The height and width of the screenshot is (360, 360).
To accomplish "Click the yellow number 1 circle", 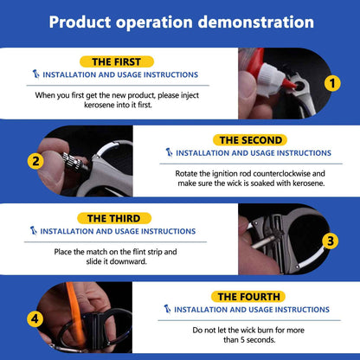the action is [332, 83].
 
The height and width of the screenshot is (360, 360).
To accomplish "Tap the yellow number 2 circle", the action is [35, 161].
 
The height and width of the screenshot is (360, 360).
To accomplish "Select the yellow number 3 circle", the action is [331, 241].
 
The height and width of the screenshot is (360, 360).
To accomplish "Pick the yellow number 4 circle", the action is [35, 319].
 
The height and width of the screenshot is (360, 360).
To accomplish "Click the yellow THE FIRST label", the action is [117, 61].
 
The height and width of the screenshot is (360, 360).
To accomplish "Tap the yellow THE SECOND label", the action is [250, 140].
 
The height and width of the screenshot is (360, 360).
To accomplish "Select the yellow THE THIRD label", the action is [114, 218].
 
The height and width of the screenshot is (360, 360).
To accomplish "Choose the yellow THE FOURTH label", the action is [248, 297].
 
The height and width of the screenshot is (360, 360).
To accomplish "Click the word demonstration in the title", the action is [256, 22].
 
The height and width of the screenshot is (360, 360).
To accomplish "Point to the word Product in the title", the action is [80, 22].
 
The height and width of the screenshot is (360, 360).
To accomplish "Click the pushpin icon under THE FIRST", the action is [35, 74].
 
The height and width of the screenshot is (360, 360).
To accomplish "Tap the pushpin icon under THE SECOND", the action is [169, 152].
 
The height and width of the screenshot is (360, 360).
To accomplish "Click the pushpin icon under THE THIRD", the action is [34, 231].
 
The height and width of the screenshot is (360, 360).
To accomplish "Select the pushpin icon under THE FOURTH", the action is [167, 309].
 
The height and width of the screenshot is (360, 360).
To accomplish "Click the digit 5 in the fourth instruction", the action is [243, 340].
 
